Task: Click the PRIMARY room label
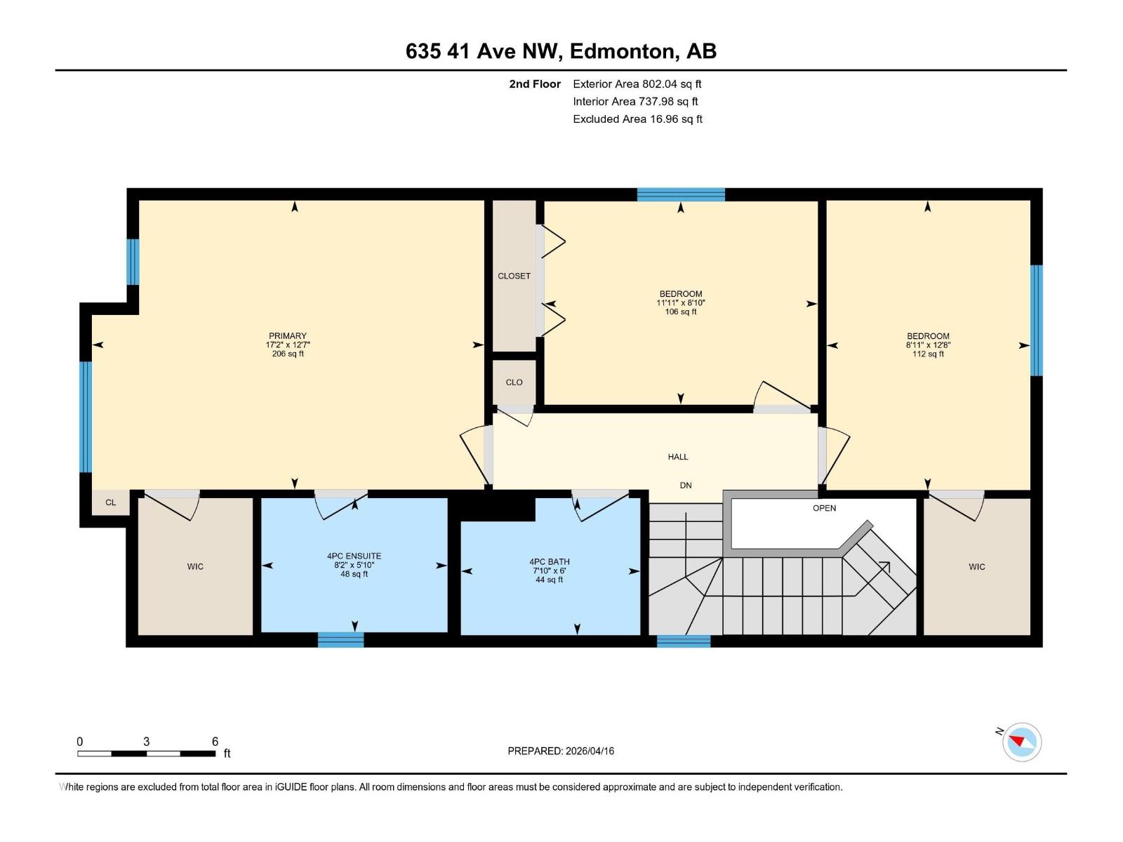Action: pyautogui.click(x=287, y=336)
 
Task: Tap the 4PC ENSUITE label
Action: pyautogui.click(x=354, y=556)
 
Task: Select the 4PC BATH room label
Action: pyautogui.click(x=549, y=561)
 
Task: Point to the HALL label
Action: pyautogui.click(x=677, y=457)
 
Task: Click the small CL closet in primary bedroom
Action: pyautogui.click(x=110, y=502)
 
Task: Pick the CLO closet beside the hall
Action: pyautogui.click(x=514, y=382)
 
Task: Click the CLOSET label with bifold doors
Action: pyautogui.click(x=514, y=276)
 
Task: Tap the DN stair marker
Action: pyautogui.click(x=685, y=486)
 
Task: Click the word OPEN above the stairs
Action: pyautogui.click(x=824, y=508)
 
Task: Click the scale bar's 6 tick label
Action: pyautogui.click(x=215, y=742)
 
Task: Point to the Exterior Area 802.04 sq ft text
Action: pyautogui.click(x=637, y=84)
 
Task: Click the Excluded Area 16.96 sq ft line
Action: pyautogui.click(x=637, y=119)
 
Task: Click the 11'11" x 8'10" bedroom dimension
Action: pyautogui.click(x=680, y=303)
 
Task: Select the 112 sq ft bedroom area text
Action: pyautogui.click(x=927, y=354)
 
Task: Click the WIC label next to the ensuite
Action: pyautogui.click(x=195, y=566)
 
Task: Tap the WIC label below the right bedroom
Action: pyautogui.click(x=976, y=566)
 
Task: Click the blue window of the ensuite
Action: pyautogui.click(x=340, y=639)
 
